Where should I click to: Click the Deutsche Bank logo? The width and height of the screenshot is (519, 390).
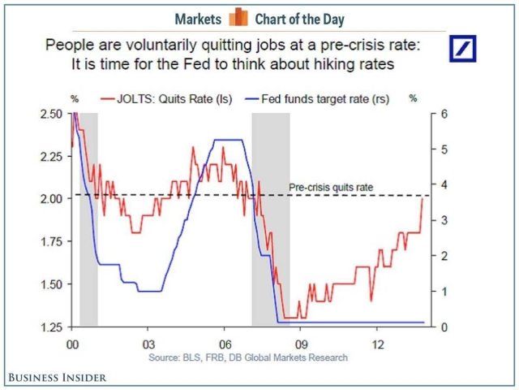coord(463,48)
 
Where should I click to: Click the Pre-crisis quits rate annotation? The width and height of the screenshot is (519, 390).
coord(331,188)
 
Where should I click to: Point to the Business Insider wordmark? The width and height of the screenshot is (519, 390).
coord(58,377)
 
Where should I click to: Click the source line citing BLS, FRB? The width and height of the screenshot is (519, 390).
coord(248,357)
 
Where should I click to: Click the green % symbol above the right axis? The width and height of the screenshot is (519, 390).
coord(412,98)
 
